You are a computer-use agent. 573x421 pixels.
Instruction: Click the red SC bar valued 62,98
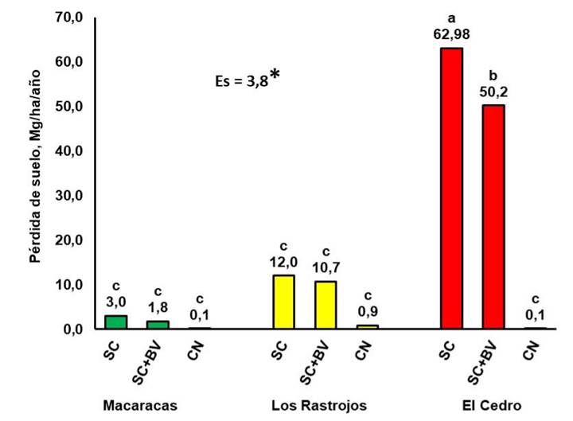click(452, 188)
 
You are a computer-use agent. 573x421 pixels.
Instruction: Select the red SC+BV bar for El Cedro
click(493, 216)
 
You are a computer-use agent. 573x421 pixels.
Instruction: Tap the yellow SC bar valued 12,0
click(283, 302)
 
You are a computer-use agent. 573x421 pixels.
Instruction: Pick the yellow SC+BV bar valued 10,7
click(325, 305)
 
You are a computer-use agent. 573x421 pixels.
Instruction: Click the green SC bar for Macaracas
click(116, 322)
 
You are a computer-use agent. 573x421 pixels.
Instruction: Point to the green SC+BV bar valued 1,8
click(158, 325)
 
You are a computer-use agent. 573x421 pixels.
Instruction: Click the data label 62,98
click(452, 34)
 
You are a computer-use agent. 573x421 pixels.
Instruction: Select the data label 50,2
click(493, 92)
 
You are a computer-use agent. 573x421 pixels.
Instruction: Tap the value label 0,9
click(368, 311)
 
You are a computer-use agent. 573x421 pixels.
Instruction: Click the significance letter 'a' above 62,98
click(452, 18)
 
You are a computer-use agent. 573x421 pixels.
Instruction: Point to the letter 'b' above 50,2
click(493, 76)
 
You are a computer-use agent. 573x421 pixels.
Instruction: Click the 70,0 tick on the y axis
click(68, 18)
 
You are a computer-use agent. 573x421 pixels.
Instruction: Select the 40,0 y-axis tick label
click(68, 151)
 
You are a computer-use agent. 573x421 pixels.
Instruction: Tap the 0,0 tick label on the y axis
click(72, 329)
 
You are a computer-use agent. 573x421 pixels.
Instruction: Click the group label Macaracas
click(140, 405)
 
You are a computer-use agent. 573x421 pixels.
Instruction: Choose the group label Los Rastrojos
click(319, 405)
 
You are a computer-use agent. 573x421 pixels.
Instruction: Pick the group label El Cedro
click(492, 405)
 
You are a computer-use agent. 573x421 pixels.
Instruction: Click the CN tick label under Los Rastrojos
click(363, 350)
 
